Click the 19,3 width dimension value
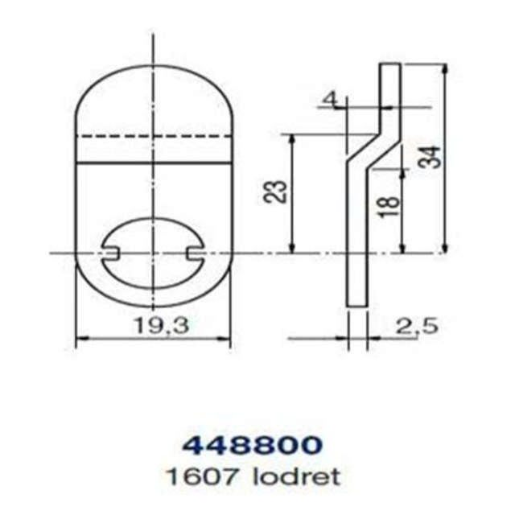[x=153, y=326]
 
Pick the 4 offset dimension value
[x=328, y=99]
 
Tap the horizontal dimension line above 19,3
[x=153, y=340]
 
